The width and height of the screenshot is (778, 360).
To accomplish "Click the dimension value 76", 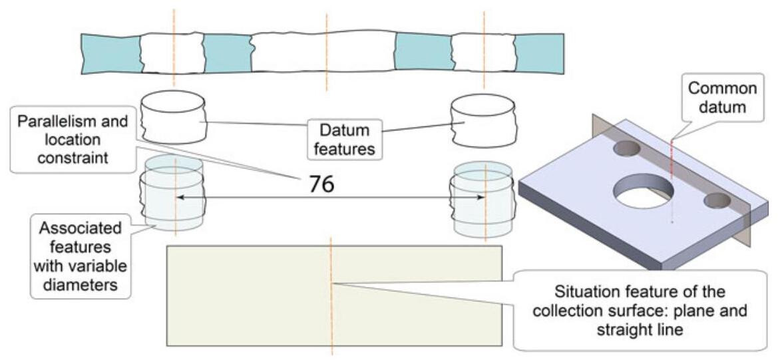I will pos(321,183).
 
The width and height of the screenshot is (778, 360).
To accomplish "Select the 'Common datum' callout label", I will pos(723,97).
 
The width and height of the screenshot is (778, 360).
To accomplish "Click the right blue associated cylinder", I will pos(483,200).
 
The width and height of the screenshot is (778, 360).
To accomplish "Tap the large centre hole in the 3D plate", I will pos(643,192).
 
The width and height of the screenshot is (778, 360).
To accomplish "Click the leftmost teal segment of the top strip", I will pos(111,52).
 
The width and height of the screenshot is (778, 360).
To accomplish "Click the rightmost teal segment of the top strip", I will pos(540,53).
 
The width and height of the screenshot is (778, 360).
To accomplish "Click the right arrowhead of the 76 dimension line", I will pos(480,197).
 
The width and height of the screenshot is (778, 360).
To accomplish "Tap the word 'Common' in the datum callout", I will pos(722,89).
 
